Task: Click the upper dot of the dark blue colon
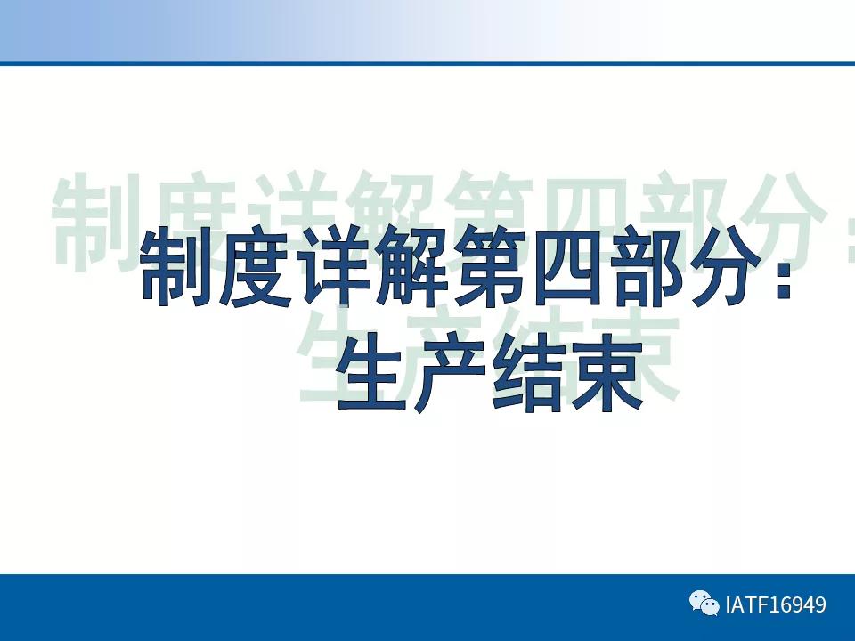782,252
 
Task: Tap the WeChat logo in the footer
704,604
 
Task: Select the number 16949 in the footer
798,605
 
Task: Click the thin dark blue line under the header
427,63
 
